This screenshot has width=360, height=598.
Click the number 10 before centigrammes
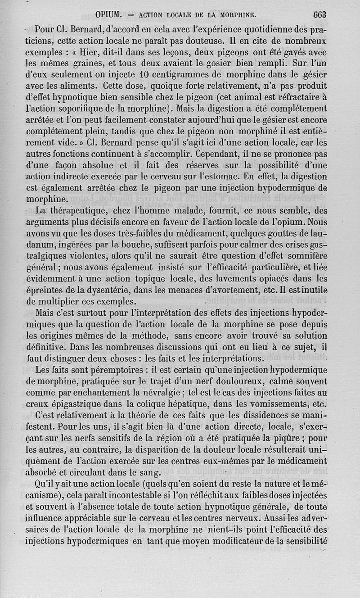144,74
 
